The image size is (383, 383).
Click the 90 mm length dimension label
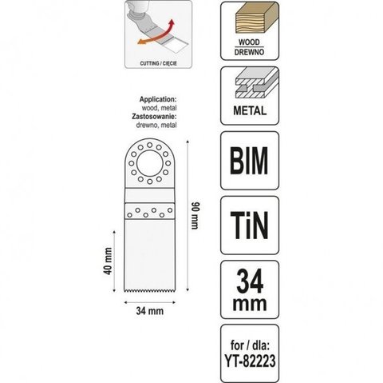tap(195, 216)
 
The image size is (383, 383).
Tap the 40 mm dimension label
tap(108, 261)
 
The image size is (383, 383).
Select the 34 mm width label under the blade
tap(150, 311)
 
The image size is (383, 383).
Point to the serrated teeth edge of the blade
tap(150, 290)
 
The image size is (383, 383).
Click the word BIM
tap(249, 161)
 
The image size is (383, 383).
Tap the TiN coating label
tap(249, 225)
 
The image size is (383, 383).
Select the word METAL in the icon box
tap(250, 110)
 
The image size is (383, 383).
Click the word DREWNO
tap(249, 52)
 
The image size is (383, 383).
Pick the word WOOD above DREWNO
tap(249, 42)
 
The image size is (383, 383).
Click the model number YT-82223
tap(250, 361)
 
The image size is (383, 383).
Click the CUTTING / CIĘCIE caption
tap(158, 64)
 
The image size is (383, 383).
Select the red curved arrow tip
tap(172, 22)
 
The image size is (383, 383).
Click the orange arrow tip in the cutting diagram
tap(140, 42)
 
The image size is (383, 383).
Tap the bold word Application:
tap(158, 99)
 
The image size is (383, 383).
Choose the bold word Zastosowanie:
tap(154, 117)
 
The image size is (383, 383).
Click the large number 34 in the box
tap(250, 281)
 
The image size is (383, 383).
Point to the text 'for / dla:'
tap(250, 345)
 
